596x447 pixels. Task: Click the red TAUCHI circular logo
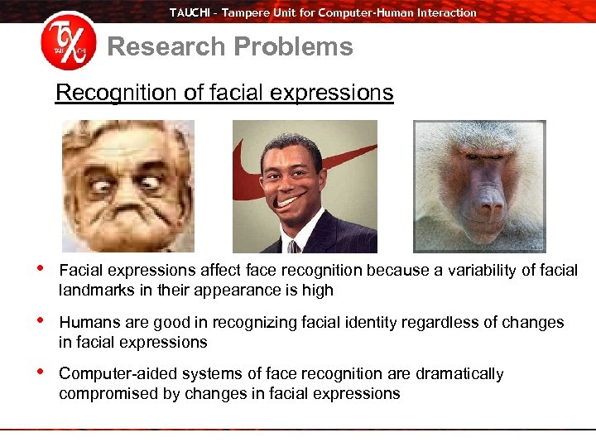pos(68,44)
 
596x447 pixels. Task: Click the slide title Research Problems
pos(230,47)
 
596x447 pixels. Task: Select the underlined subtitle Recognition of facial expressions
pos(224,92)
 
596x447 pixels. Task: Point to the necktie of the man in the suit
pos(292,246)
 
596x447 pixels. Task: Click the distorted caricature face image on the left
pos(127,185)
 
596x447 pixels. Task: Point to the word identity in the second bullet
pos(356,322)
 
